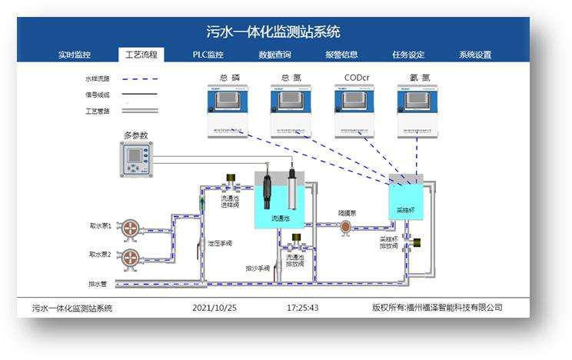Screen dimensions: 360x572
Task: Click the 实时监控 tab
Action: (x=75, y=55)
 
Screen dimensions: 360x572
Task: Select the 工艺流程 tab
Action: (x=141, y=55)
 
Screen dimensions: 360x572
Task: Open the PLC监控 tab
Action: (x=208, y=55)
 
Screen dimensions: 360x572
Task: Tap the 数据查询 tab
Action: (x=274, y=55)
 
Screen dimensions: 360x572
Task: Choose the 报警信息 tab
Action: (x=341, y=55)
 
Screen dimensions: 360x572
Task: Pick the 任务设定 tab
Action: (x=408, y=55)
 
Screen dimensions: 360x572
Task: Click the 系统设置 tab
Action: (x=475, y=55)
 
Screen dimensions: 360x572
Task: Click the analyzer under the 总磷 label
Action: (x=229, y=112)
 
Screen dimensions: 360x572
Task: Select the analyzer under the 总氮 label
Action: (x=291, y=112)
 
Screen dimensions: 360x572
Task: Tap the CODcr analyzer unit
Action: (x=354, y=112)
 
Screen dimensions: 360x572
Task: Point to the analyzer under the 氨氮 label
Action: (x=417, y=112)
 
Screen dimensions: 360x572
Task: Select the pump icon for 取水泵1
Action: (x=132, y=228)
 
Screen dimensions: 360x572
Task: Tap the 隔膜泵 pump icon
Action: (x=345, y=226)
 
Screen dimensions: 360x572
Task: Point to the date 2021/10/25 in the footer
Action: (x=214, y=308)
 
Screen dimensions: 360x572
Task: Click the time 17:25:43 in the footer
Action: (x=302, y=308)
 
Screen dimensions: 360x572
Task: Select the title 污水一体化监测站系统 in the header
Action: (x=274, y=32)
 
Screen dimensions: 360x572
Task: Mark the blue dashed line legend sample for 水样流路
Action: (x=139, y=78)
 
